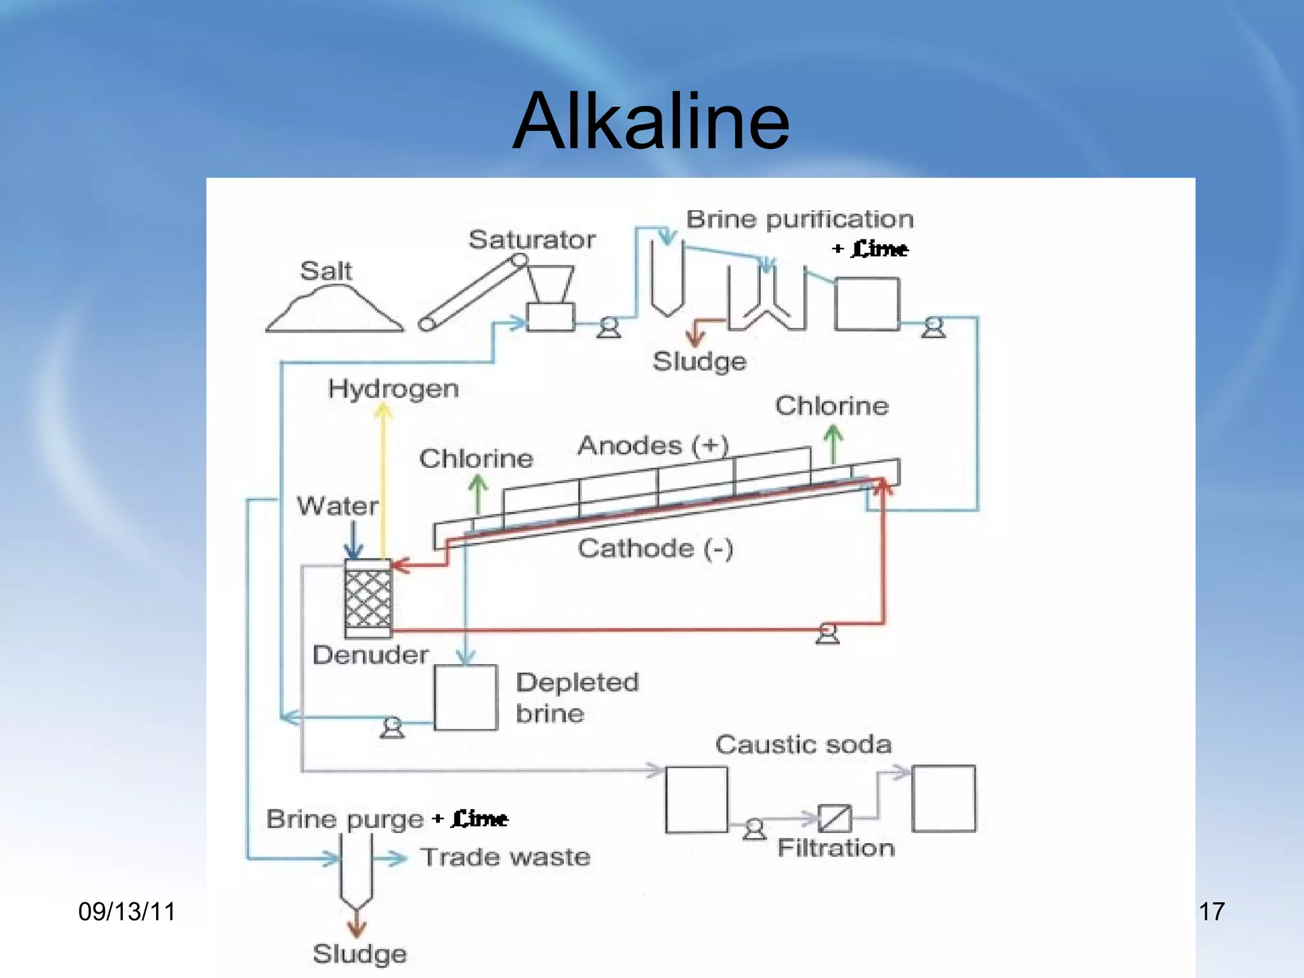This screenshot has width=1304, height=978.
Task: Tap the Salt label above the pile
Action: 325,271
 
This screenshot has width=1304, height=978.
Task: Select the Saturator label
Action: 532,239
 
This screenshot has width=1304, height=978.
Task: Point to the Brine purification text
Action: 799,219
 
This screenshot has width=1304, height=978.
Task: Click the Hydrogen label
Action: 393,388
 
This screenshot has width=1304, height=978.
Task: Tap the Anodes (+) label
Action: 653,445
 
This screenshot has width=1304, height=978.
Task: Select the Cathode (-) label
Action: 655,548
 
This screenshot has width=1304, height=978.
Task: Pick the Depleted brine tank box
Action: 465,697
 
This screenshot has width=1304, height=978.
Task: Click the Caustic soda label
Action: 803,744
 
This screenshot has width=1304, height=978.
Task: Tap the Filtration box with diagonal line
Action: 834,818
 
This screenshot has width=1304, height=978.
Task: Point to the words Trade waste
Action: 506,857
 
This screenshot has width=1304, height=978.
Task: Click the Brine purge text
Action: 344,819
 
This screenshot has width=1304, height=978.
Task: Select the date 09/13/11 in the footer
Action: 127,912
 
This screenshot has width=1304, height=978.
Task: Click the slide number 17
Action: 1211,912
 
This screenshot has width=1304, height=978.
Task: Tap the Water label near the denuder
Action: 337,506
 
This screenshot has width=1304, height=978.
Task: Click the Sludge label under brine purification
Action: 699,361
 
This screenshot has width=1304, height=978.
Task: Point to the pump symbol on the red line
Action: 827,634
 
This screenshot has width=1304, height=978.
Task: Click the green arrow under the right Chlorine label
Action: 833,444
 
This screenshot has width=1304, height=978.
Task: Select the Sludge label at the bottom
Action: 359,954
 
